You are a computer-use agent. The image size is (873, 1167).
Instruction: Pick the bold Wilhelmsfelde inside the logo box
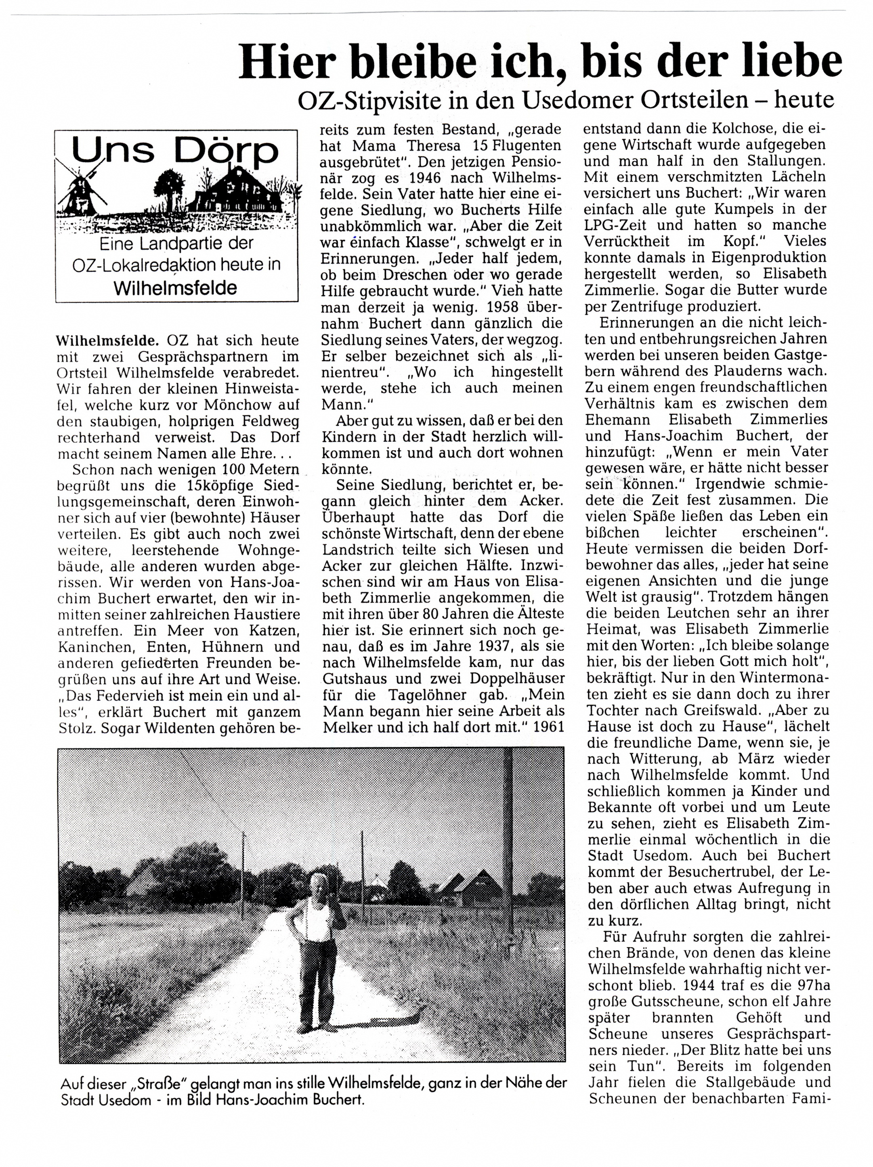(176, 288)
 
